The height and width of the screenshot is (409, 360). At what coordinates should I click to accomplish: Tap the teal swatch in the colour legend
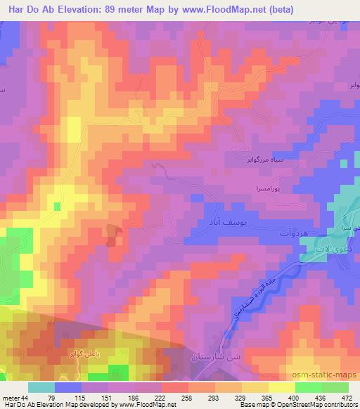41,387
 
